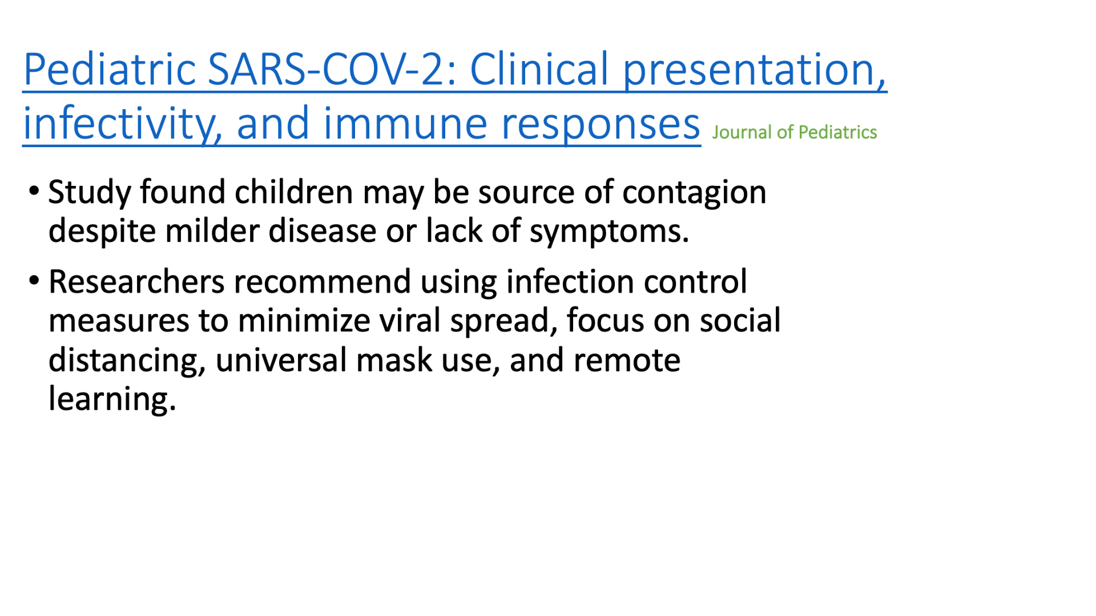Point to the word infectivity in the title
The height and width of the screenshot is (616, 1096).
point(123,124)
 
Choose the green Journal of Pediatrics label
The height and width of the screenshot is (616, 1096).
point(794,132)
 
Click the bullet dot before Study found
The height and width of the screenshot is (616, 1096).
point(34,190)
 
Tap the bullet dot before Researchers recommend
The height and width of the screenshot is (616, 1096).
point(34,280)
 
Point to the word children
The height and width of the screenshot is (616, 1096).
point(293,192)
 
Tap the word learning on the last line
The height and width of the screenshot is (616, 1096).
point(112,399)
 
